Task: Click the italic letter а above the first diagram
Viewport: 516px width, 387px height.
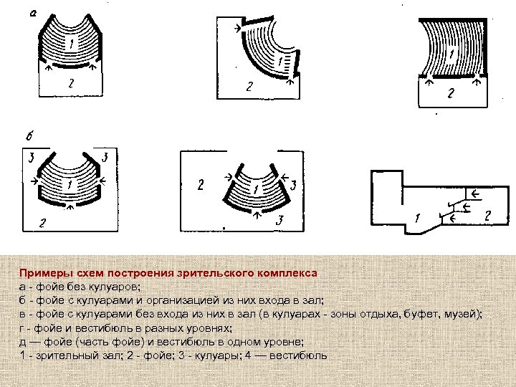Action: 33,13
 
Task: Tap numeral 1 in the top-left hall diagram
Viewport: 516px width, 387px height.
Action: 72,44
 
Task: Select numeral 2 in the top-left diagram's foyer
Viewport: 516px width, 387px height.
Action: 71,84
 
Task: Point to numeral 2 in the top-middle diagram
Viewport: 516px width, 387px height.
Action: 249,87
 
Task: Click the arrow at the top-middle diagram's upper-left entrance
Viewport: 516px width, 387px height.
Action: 238,29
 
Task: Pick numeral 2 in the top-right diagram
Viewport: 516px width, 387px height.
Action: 451,93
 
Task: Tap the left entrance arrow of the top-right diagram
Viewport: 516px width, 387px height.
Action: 429,83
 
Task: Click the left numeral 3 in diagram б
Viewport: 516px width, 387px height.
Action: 32,158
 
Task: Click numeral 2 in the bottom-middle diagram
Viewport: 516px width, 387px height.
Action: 201,185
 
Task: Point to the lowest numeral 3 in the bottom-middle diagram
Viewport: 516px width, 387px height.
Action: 279,220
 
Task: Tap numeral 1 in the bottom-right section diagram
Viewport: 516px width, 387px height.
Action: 418,218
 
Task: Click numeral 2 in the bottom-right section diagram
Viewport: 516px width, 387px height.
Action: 488,216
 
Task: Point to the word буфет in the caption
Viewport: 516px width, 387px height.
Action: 424,314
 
